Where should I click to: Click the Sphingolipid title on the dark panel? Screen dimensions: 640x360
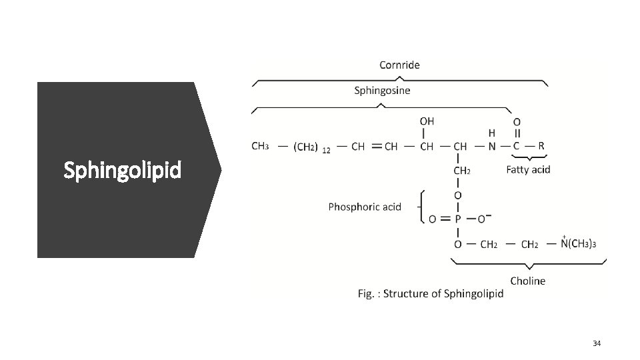click(122, 171)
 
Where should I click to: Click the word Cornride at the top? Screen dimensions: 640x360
click(399, 65)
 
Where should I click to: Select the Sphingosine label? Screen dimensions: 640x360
click(382, 90)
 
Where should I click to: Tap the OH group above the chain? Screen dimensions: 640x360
click(427, 121)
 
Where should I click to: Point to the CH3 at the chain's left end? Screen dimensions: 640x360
click(260, 145)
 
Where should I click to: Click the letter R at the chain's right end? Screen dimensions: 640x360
click(541, 145)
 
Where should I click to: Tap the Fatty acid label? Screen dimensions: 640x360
click(528, 169)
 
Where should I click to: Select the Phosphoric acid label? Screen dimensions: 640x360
click(365, 207)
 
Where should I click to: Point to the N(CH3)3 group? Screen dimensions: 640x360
click(578, 244)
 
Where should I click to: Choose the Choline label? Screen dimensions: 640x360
click(527, 281)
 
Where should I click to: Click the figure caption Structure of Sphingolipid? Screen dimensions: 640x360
click(431, 294)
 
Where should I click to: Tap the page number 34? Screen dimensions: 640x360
click(597, 343)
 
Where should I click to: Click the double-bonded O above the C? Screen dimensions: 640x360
click(517, 121)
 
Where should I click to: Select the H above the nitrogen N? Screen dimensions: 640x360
click(492, 133)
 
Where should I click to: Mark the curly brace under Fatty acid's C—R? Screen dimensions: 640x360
click(528, 159)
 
